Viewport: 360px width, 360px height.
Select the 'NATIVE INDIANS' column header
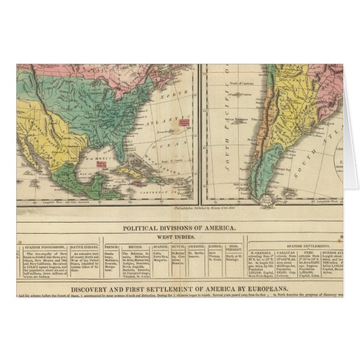(86, 247)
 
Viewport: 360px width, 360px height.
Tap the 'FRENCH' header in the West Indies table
(111, 247)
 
